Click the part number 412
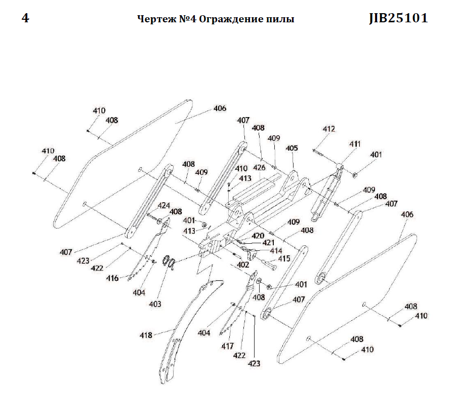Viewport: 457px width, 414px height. tap(329, 129)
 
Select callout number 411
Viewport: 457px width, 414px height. tap(355, 144)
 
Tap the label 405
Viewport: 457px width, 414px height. tap(292, 148)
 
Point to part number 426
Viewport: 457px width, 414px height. tap(259, 167)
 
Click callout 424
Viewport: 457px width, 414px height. tap(163, 205)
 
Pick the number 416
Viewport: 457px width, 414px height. tap(112, 278)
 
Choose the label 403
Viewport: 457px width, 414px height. tap(155, 304)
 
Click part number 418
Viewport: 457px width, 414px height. tap(146, 335)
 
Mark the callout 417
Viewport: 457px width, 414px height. tap(227, 346)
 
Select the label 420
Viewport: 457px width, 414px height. tap(258, 236)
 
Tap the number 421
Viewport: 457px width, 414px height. tap(268, 243)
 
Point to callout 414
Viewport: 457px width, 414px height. tap(276, 250)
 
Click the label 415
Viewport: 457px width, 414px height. tap(284, 258)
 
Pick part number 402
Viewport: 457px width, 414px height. tap(243, 264)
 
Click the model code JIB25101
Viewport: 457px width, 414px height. tap(398, 18)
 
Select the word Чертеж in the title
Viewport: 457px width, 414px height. tap(153, 19)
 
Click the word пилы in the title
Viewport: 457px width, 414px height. tap(280, 19)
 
